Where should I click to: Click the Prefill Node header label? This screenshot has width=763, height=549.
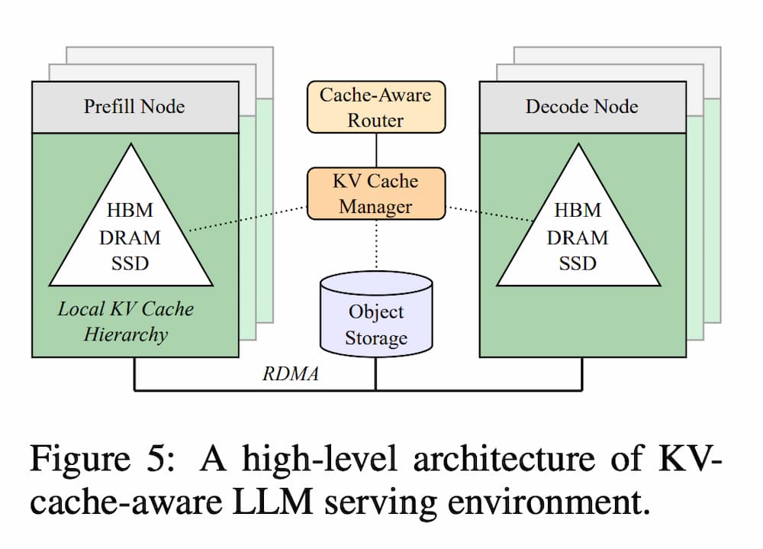pyautogui.click(x=134, y=106)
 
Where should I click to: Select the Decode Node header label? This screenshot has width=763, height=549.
pyautogui.click(x=581, y=106)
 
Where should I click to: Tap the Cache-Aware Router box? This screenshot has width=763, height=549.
pyautogui.click(x=375, y=107)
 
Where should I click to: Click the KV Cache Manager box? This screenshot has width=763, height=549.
pyautogui.click(x=375, y=193)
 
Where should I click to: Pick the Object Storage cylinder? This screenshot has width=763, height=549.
pyautogui.click(x=375, y=321)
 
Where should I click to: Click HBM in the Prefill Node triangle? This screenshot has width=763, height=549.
pyautogui.click(x=130, y=210)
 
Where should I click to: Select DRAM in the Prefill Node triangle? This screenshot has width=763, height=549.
pyautogui.click(x=130, y=237)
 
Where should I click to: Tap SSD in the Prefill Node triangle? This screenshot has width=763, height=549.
pyautogui.click(x=130, y=263)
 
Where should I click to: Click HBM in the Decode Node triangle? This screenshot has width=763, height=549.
pyautogui.click(x=578, y=210)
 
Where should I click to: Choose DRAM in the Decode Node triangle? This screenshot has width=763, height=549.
pyautogui.click(x=578, y=237)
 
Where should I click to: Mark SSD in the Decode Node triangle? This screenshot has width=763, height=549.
pyautogui.click(x=578, y=263)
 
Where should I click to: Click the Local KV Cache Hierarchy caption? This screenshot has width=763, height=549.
pyautogui.click(x=126, y=321)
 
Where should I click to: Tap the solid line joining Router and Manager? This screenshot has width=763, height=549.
pyautogui.click(x=375, y=150)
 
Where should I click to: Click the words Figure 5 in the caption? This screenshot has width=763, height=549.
pyautogui.click(x=102, y=460)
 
